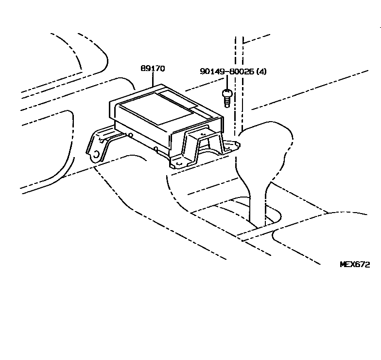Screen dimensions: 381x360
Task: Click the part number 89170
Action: click(153, 69)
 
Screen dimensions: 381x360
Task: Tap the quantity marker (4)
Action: click(261, 72)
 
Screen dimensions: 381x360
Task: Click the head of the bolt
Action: click(226, 92)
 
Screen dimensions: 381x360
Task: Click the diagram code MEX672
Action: click(354, 265)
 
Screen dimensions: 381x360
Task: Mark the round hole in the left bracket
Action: click(96, 155)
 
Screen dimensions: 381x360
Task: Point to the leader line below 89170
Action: click(153, 80)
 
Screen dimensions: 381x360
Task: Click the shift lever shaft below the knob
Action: click(258, 204)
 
